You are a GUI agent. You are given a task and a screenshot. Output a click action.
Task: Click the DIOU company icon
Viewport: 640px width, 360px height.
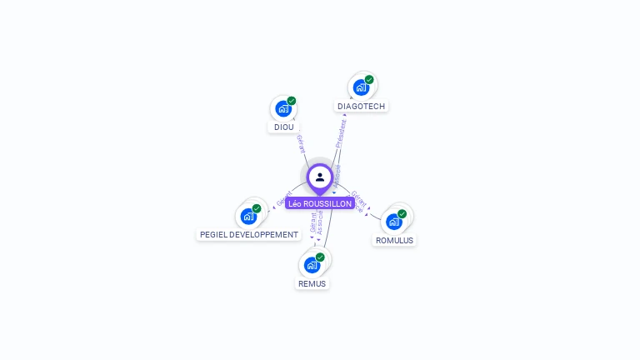pyautogui.click(x=283, y=108)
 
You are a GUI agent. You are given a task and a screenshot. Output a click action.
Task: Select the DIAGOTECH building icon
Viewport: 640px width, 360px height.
pyautogui.click(x=361, y=87)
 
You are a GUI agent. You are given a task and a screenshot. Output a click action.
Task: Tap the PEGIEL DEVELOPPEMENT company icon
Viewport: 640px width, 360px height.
pyautogui.click(x=248, y=216)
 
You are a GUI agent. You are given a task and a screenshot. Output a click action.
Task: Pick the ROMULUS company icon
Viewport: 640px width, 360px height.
pyautogui.click(x=394, y=221)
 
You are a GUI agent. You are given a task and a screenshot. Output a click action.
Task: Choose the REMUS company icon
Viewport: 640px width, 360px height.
pyautogui.click(x=312, y=264)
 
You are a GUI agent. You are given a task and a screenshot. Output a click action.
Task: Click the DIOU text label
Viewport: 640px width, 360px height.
pyautogui.click(x=283, y=127)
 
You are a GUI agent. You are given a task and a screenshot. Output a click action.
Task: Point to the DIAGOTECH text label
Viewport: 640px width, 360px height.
pyautogui.click(x=362, y=106)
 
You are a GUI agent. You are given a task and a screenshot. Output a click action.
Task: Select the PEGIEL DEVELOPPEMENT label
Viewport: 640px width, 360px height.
pyautogui.click(x=248, y=235)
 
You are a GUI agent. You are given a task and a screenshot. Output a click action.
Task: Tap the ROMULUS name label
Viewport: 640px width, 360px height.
pyautogui.click(x=394, y=240)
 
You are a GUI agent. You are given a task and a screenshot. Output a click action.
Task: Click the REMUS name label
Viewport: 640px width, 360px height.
pyautogui.click(x=312, y=283)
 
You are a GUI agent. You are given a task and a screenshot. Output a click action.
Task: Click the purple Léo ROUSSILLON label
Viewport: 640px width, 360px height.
pyautogui.click(x=320, y=203)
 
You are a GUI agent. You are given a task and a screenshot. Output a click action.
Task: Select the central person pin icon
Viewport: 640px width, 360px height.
pyautogui.click(x=320, y=177)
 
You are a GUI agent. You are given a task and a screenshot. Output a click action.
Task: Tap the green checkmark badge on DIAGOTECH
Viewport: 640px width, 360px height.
pyautogui.click(x=369, y=80)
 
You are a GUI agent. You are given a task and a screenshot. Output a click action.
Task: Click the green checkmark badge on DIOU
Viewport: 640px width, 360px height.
pyautogui.click(x=292, y=101)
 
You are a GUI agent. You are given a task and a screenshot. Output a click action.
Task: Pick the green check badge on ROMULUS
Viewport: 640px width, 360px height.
pyautogui.click(x=402, y=214)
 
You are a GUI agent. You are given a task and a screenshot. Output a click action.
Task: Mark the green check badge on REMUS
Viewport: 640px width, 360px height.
pyautogui.click(x=320, y=257)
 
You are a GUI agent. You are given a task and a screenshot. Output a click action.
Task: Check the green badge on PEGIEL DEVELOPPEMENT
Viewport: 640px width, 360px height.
pyautogui.click(x=257, y=208)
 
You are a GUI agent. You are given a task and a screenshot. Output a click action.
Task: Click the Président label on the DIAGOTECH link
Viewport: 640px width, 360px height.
pyautogui.click(x=341, y=132)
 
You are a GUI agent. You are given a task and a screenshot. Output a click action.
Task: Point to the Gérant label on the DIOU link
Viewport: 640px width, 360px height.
pyautogui.click(x=301, y=142)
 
